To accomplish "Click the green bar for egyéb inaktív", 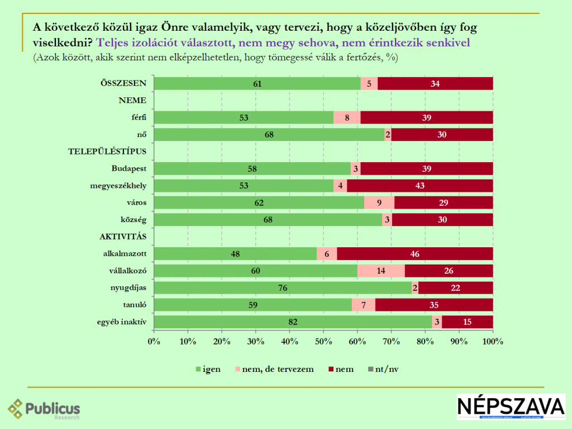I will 293,322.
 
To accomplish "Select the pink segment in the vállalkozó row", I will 381,271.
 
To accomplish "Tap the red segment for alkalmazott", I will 415,253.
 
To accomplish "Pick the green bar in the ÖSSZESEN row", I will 257,84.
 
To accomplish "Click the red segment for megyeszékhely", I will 420,186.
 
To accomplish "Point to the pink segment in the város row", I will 379,202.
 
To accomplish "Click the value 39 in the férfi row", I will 427,117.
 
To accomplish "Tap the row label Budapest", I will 130,168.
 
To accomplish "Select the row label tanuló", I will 134,305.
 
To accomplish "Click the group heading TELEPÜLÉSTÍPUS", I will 107,152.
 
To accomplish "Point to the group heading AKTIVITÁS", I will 123,237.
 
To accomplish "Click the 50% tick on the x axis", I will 323,341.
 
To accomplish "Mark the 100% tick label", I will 493,341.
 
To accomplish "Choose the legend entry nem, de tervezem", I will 278,369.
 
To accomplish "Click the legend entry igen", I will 208,369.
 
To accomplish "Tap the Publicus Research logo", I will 44,409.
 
